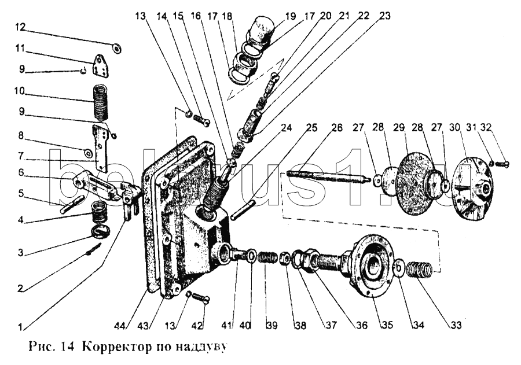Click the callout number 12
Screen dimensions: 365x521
point(20,27)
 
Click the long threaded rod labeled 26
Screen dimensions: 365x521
point(326,175)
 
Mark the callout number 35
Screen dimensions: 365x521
point(383,326)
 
